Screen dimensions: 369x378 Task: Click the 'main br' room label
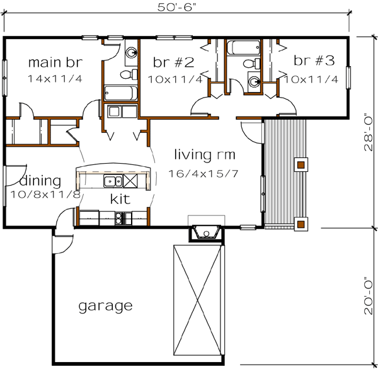pos(55,63)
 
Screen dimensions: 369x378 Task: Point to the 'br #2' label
pos(173,62)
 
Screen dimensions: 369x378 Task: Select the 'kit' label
pos(120,200)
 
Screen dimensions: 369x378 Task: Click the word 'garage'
pos(105,307)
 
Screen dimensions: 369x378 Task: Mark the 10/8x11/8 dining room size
pos(45,195)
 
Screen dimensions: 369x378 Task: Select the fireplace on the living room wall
pos(205,232)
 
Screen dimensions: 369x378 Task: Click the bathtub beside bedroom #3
pos(243,48)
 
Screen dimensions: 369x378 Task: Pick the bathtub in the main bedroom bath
pos(120,94)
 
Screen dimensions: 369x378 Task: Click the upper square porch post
pos(301,165)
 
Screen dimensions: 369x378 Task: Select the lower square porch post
pos(301,222)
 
